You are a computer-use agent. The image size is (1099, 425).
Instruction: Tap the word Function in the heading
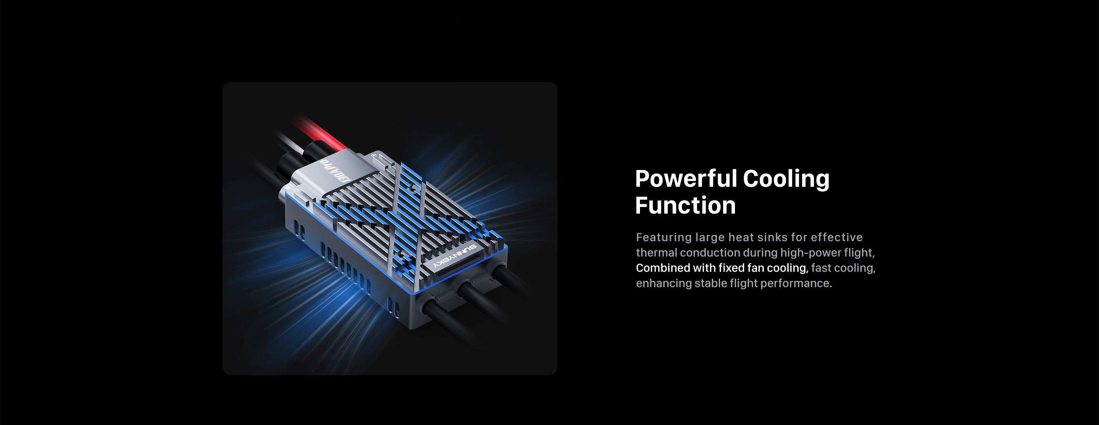685,205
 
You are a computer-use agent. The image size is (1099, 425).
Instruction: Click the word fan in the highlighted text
756,268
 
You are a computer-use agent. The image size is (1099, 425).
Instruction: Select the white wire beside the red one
290,143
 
